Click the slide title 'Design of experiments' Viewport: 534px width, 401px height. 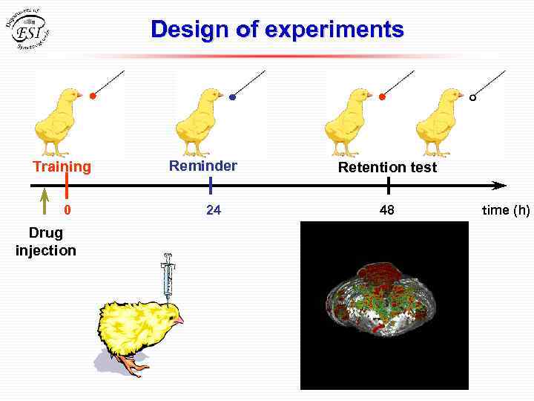277,30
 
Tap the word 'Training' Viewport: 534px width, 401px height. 62,166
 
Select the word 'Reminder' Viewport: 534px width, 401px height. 203,166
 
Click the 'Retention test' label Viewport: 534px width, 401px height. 387,167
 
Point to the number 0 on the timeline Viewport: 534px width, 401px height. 67,210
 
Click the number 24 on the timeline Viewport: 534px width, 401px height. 214,210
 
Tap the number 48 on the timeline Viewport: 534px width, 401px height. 387,210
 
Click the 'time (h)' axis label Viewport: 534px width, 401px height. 506,210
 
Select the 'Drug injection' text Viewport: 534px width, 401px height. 46,242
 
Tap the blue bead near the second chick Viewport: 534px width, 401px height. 232,97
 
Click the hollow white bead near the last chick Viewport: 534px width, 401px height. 473,97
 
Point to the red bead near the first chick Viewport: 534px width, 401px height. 93,97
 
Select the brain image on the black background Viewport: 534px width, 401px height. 383,304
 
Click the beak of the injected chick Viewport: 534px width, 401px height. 178,319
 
